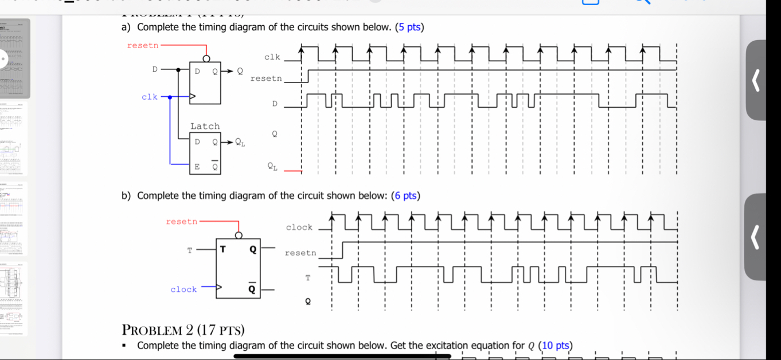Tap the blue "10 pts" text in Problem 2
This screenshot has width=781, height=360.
(x=556, y=345)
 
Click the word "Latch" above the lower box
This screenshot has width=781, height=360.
(x=205, y=126)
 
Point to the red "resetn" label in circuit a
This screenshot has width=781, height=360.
(x=142, y=45)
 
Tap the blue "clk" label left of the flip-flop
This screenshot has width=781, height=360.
(x=150, y=97)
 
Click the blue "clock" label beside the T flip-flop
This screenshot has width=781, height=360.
(x=183, y=289)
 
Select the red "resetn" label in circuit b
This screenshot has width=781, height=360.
(x=181, y=221)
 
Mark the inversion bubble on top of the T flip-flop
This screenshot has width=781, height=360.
(x=239, y=235)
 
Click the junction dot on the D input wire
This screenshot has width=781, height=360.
(x=179, y=70)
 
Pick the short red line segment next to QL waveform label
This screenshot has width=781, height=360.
(x=292, y=170)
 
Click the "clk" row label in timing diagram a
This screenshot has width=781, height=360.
(x=272, y=57)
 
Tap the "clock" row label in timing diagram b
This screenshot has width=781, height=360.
(x=299, y=228)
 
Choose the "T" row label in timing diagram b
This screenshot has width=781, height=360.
(x=308, y=278)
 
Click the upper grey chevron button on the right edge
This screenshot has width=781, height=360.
(x=756, y=80)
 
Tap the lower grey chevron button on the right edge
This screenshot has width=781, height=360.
(x=756, y=237)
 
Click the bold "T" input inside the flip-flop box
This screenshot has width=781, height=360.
(x=222, y=249)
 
